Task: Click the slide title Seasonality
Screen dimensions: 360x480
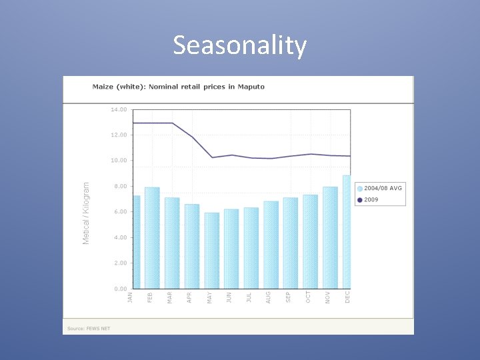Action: coord(240,45)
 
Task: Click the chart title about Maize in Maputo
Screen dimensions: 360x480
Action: coord(178,87)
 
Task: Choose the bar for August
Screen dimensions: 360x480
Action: coord(271,245)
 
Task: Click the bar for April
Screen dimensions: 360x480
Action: coord(191,246)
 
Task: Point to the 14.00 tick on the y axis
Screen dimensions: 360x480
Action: coord(119,109)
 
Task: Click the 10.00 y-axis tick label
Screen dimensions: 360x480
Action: coord(119,161)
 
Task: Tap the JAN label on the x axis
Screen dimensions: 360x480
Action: coord(131,297)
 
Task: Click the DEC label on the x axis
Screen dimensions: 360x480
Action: coord(348,297)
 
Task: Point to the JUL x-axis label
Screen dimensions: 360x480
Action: coord(249,297)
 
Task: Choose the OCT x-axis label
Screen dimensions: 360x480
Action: coord(309,297)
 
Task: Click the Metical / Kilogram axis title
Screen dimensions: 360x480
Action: coord(86,213)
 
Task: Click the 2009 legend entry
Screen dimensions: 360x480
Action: coord(371,199)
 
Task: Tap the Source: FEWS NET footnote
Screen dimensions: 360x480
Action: coord(89,329)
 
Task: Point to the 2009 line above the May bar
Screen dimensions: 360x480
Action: coord(212,157)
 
